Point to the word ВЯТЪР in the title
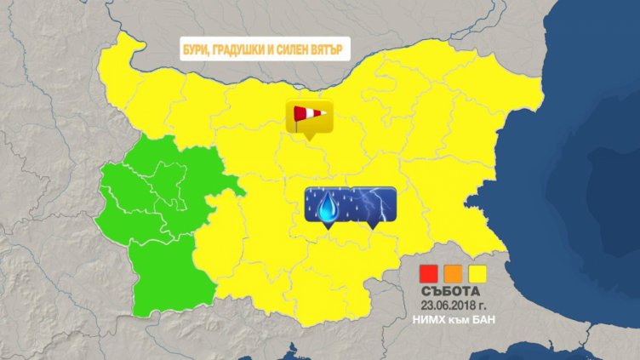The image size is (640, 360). point(332,49)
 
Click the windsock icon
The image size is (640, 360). point(308,115)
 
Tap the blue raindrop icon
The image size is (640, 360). point(328,204)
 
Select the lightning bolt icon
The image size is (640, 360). point(374,204)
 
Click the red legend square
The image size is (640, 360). point(429,273)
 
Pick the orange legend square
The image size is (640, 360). point(454,273)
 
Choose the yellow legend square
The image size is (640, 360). point(478,273)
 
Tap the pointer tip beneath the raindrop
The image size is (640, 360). point(328,227)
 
